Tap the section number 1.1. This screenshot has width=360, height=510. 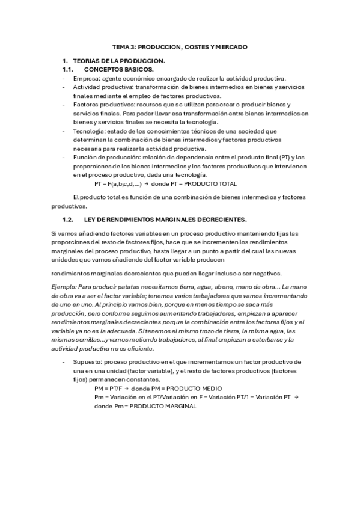(68, 70)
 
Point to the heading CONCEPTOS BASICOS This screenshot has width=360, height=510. (120, 70)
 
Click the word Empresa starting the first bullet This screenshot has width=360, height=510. (86, 78)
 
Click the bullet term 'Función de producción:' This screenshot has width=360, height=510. (105, 156)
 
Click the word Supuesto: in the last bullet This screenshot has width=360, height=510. (87, 363)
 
